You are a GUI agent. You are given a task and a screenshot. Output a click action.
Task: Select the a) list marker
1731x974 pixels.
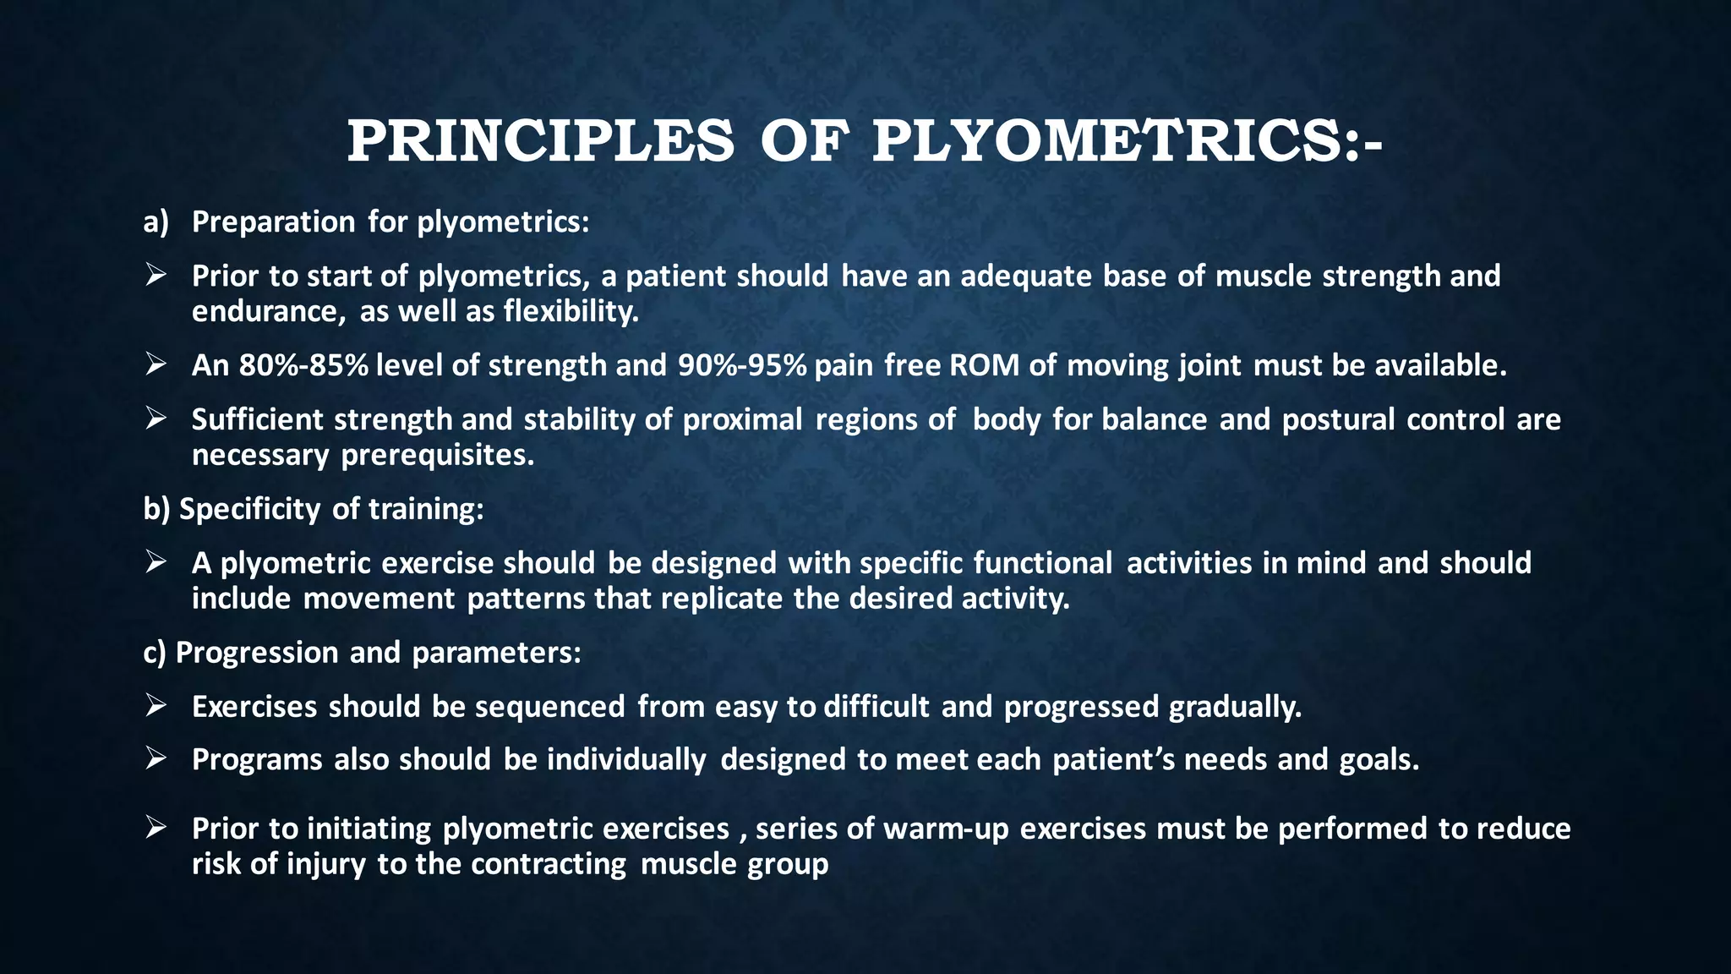(156, 222)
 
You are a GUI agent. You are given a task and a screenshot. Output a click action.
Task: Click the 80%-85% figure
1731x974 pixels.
(303, 365)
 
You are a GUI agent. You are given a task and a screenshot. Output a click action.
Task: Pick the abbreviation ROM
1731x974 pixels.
(984, 365)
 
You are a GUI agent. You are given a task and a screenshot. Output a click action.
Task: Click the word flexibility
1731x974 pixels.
(571, 312)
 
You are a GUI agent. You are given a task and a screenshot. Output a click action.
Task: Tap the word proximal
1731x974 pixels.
(742, 419)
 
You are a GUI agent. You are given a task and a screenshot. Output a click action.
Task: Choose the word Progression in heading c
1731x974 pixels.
(257, 653)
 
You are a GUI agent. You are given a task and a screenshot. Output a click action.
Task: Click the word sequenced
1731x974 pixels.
(549, 707)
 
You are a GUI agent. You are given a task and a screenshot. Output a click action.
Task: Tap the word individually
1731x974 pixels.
(625, 760)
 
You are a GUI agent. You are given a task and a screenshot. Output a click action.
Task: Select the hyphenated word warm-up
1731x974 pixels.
(946, 829)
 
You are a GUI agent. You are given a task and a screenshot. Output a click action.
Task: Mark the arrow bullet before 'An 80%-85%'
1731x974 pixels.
(155, 364)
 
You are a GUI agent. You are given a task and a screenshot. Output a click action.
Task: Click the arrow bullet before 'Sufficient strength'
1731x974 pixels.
(155, 419)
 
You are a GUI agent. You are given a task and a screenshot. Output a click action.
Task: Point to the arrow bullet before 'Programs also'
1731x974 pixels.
(155, 759)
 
